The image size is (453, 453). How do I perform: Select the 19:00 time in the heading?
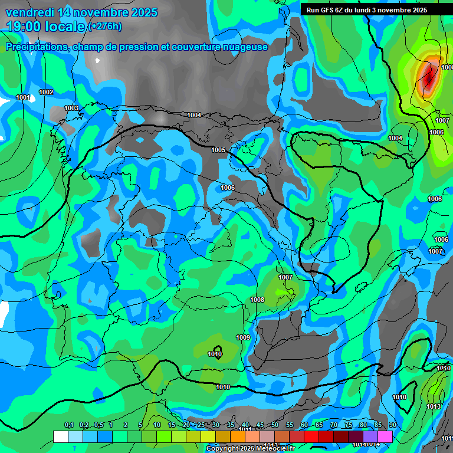[x=25, y=27]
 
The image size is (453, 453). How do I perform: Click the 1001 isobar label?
[x=23, y=97]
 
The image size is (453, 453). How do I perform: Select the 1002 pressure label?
[x=46, y=92]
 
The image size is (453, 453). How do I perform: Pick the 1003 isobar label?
[x=71, y=108]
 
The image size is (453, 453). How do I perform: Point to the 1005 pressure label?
[x=218, y=150]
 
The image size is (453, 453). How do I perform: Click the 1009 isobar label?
[x=243, y=337]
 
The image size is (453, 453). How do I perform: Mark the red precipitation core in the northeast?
[x=428, y=75]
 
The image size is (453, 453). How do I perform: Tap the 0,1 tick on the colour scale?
[x=69, y=425]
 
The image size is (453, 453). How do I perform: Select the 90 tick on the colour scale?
[x=392, y=425]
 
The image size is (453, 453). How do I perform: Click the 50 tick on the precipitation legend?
[x=275, y=425]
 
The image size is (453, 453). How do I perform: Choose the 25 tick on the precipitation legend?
[x=201, y=425]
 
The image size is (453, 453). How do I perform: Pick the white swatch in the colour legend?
[x=60, y=436]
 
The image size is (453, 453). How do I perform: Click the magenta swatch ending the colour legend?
[x=385, y=436]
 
